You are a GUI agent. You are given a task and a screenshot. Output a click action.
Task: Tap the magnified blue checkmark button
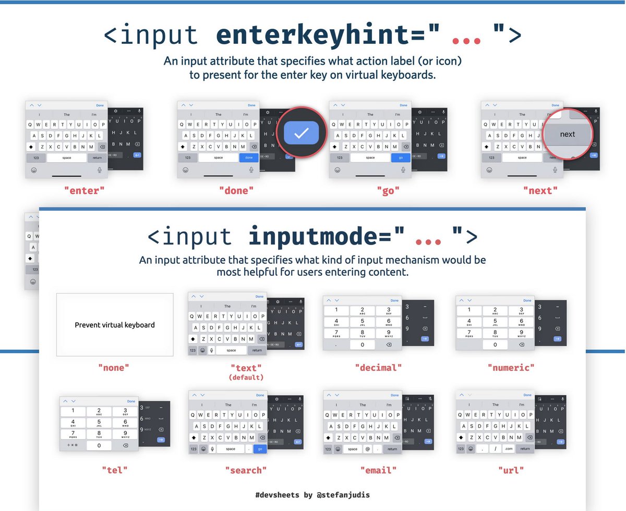[x=301, y=133]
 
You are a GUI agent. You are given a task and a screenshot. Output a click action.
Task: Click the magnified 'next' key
[x=567, y=135]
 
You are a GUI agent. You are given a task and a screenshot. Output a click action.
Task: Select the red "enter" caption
[x=84, y=191]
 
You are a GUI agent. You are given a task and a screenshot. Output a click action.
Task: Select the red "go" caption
[x=388, y=191]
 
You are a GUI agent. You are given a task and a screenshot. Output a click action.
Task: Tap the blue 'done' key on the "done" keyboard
[x=249, y=157]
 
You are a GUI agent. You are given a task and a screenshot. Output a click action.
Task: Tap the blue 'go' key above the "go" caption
[x=401, y=157]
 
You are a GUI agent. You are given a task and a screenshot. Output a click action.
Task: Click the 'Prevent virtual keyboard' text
[x=115, y=325]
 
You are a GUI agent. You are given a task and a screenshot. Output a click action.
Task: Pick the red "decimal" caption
[x=378, y=368]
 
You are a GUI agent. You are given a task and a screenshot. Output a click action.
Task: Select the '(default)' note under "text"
[x=246, y=377]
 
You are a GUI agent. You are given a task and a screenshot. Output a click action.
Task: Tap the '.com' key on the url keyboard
[x=509, y=448]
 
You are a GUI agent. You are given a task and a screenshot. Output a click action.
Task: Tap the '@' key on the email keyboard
[x=367, y=448]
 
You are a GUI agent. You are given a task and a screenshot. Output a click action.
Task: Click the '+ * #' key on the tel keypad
[x=73, y=445]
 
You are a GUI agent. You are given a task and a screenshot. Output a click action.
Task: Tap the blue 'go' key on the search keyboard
[x=260, y=448]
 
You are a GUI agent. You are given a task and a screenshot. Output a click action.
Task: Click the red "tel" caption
[x=114, y=470]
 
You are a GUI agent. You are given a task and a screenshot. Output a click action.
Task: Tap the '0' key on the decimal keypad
[x=363, y=345]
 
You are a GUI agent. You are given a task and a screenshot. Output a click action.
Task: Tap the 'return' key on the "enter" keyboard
[x=97, y=157]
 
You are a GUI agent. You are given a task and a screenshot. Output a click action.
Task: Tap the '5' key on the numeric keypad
[x=495, y=322]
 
